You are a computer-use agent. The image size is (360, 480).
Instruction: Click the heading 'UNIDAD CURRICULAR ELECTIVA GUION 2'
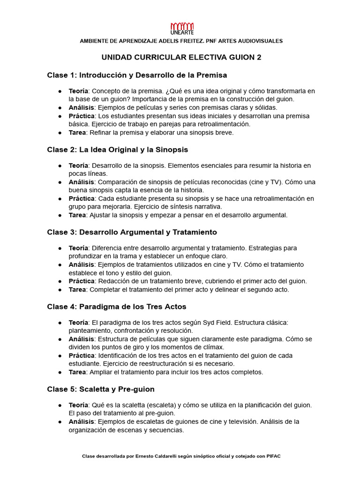click(181, 57)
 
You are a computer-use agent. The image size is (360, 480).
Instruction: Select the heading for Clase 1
click(137, 75)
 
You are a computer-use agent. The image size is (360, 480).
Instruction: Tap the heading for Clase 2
click(117, 150)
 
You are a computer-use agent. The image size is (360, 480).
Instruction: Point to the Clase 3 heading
click(132, 232)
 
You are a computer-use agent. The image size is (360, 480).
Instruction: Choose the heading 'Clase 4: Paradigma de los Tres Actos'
click(117, 307)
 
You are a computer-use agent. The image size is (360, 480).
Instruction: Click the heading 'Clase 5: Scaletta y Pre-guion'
click(101, 389)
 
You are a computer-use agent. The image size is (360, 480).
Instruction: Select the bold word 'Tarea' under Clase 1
click(77, 133)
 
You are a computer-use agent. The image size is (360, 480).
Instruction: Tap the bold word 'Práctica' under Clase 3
click(82, 281)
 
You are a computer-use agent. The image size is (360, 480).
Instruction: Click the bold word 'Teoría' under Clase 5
click(78, 405)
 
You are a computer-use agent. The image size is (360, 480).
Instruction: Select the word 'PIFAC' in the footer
click(273, 456)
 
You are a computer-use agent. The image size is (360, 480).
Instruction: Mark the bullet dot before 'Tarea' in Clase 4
click(60, 372)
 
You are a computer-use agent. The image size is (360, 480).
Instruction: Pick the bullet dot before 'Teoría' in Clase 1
click(60, 91)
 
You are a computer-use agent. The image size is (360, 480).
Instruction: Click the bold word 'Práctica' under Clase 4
click(82, 355)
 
